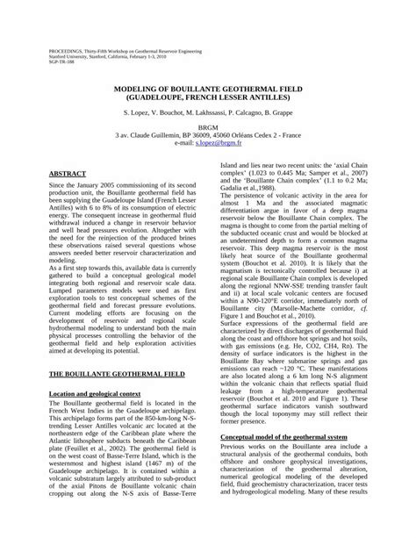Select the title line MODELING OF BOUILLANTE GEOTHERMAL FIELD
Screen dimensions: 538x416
208,90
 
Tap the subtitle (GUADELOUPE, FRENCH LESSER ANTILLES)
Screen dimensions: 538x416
208,99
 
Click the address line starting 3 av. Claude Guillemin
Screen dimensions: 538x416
208,134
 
